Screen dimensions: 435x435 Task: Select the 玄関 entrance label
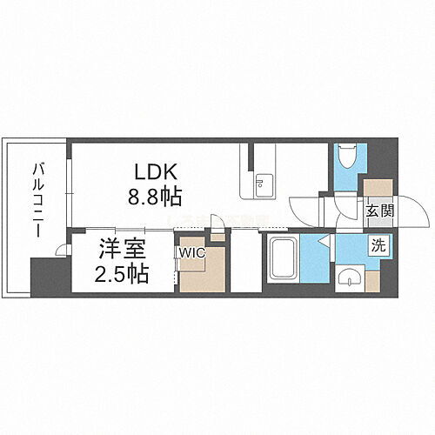377,210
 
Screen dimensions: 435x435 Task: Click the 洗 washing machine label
378,245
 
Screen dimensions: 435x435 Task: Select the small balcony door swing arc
62,251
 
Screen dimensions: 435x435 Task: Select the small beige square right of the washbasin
373,281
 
